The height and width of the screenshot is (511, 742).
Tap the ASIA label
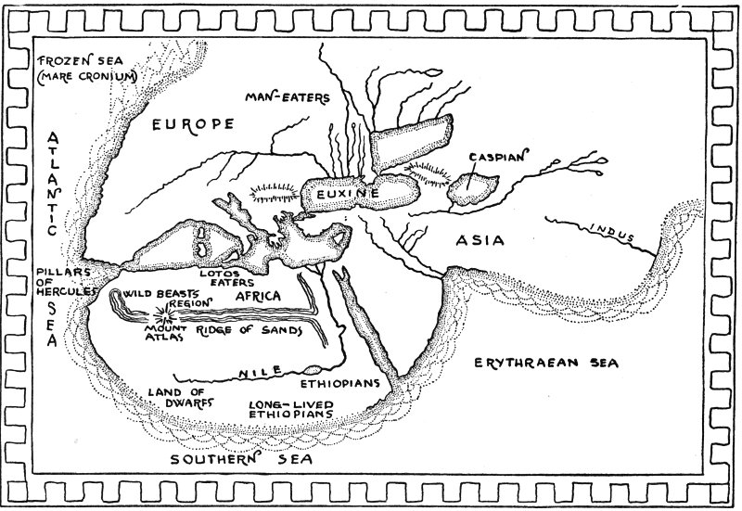click(480, 241)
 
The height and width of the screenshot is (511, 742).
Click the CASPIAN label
click(498, 157)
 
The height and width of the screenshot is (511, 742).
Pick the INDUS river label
click(615, 234)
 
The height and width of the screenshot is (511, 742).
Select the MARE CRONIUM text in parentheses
click(84, 77)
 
